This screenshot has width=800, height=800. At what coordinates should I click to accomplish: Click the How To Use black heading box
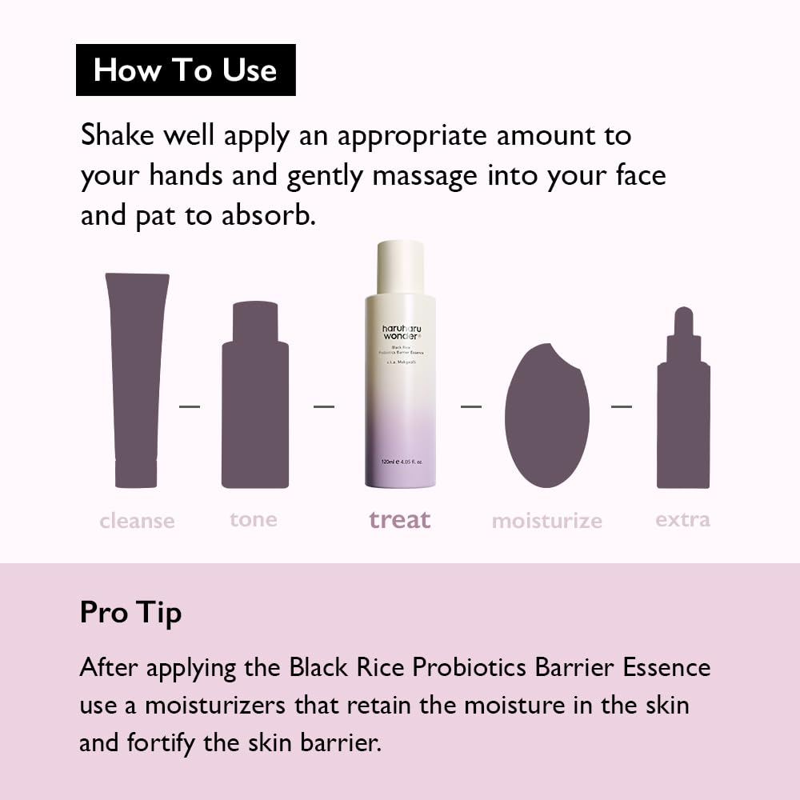coord(186,70)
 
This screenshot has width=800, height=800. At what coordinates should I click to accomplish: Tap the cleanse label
coord(137,522)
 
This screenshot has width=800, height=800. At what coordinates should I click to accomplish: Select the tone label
coord(254,519)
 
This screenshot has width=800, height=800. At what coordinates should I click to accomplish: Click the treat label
coord(399,520)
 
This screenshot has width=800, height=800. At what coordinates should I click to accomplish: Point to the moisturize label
coord(546,522)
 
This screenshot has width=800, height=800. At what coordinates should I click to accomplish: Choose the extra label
coord(682,519)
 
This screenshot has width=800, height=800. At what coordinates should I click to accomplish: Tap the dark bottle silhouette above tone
coord(255,400)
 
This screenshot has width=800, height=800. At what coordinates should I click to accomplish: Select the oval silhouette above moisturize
coord(547,416)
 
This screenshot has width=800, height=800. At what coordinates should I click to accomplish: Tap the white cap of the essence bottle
coord(400,268)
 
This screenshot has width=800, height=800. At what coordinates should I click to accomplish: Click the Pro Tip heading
coord(130,613)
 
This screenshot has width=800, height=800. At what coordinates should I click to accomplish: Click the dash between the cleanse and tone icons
coord(190,406)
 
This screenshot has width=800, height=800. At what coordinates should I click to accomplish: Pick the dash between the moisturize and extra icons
coord(622,406)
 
